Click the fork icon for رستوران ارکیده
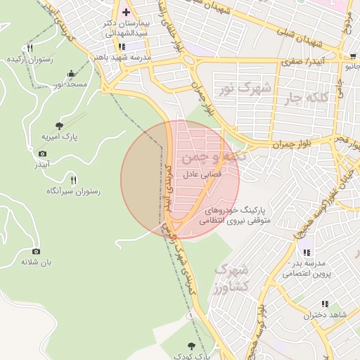(30, 49)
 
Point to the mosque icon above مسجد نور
(71, 74)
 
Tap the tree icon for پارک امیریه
(59, 125)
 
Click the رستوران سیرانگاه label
(74, 191)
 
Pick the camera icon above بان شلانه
(37, 251)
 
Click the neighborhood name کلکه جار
(304, 96)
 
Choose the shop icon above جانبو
(352, 56)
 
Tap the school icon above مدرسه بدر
(305, 252)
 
